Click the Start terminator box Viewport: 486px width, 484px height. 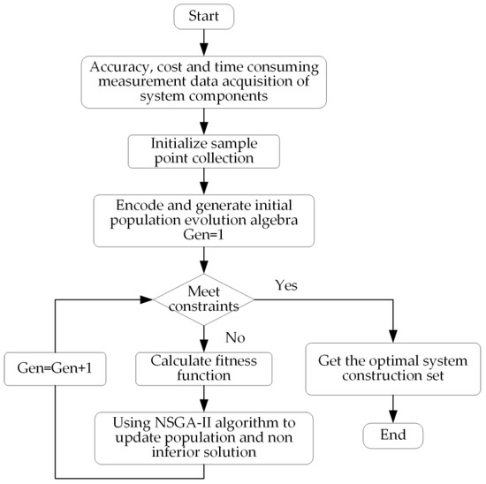coord(204,15)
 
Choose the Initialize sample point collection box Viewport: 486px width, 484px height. coord(204,151)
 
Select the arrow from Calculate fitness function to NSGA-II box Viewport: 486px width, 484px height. coord(204,399)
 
